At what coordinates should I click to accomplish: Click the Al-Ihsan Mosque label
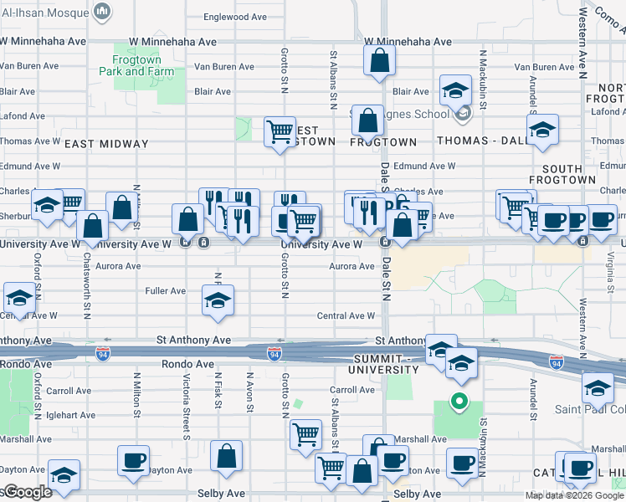[47, 10]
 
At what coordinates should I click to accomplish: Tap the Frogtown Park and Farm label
[144, 65]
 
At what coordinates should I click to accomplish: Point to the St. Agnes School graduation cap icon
[455, 90]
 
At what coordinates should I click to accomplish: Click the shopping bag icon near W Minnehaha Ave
[379, 60]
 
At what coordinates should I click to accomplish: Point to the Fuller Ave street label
[166, 291]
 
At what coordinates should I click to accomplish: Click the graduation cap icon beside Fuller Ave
[218, 300]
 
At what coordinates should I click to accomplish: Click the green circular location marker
[458, 401]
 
